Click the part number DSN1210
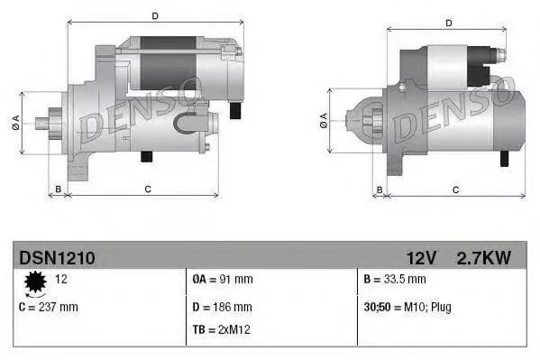(x=57, y=258)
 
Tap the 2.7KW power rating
(x=485, y=258)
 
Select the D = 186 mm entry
(x=222, y=307)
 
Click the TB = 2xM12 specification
(x=222, y=329)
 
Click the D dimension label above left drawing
(x=155, y=15)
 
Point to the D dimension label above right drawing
(x=448, y=22)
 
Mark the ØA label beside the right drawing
(x=324, y=121)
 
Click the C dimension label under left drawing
(x=147, y=188)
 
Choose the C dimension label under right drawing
(x=455, y=189)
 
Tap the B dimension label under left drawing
(x=59, y=188)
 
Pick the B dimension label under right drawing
(x=380, y=189)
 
